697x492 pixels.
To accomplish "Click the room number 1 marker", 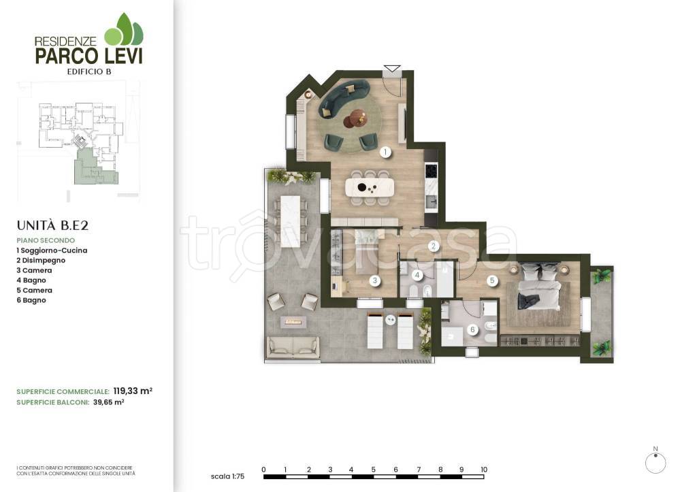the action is pyautogui.click(x=385, y=152).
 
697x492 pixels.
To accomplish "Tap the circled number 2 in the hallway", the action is pyautogui.click(x=434, y=246).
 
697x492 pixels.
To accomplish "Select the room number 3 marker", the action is pyautogui.click(x=375, y=280).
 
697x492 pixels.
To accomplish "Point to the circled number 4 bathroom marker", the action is pyautogui.click(x=417, y=275).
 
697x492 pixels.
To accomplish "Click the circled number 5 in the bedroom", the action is pyautogui.click(x=491, y=280).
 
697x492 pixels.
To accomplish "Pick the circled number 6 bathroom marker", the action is pyautogui.click(x=472, y=329).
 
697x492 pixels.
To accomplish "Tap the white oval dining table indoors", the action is pyautogui.click(x=370, y=188).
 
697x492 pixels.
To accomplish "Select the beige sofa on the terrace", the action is pyautogui.click(x=293, y=346).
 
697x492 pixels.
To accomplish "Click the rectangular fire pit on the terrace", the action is pyautogui.click(x=293, y=321).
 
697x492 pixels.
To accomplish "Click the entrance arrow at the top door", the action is pyautogui.click(x=391, y=69).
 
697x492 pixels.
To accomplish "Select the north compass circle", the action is pyautogui.click(x=655, y=463).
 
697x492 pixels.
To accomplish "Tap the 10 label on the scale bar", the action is pyautogui.click(x=484, y=470).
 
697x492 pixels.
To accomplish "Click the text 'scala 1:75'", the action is pyautogui.click(x=227, y=476).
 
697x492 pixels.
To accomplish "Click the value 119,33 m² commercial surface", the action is pyautogui.click(x=133, y=391).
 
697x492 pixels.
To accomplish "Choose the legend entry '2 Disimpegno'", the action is pyautogui.click(x=41, y=261).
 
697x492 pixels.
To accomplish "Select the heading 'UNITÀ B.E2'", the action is pyautogui.click(x=52, y=225).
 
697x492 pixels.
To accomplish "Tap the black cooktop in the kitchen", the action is pyautogui.click(x=431, y=170).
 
